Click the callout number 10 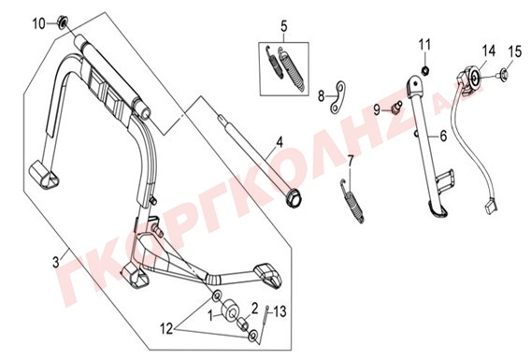[x=38, y=24]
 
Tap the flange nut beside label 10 [x=63, y=23]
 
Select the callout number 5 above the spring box [x=284, y=26]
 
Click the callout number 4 [x=279, y=142]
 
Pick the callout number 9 [x=378, y=109]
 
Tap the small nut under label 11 [x=425, y=70]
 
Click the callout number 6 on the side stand [x=443, y=136]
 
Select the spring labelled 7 [x=352, y=201]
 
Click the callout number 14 [x=489, y=51]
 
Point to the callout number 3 [x=55, y=262]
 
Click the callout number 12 [x=166, y=329]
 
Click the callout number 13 [x=280, y=312]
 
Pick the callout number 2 [x=254, y=309]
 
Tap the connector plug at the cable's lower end [x=491, y=207]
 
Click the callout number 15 [x=515, y=51]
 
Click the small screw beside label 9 [x=395, y=107]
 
